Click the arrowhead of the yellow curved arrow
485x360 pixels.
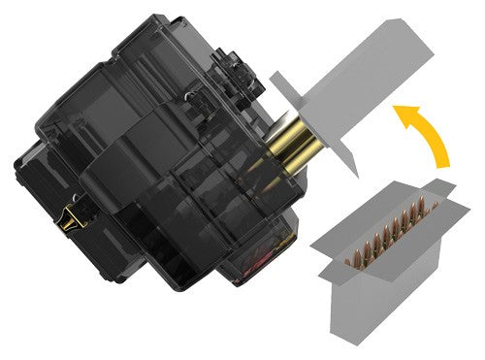[400, 115]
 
